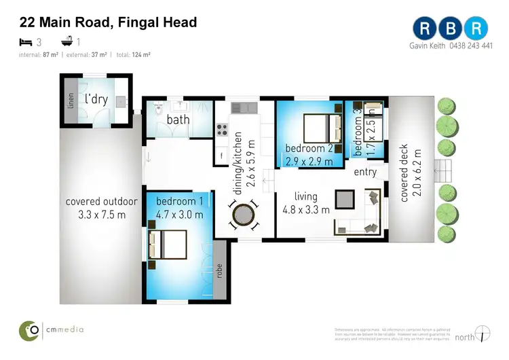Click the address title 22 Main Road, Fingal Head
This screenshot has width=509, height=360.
click(x=109, y=22)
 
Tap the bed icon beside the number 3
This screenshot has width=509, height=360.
click(x=26, y=42)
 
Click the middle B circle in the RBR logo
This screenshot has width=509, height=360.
click(x=451, y=28)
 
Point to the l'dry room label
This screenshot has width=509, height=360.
click(x=96, y=98)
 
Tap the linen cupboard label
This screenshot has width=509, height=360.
click(x=71, y=101)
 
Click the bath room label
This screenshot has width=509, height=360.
click(x=178, y=120)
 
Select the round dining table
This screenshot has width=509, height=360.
click(x=244, y=217)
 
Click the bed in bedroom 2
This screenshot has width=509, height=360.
click(x=321, y=126)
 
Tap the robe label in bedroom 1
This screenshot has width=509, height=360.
click(x=219, y=270)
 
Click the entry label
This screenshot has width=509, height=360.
click(x=365, y=172)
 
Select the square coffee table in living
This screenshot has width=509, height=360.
click(x=345, y=199)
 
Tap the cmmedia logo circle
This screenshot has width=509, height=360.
click(x=29, y=330)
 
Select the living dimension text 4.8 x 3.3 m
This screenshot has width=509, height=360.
click(x=306, y=209)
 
